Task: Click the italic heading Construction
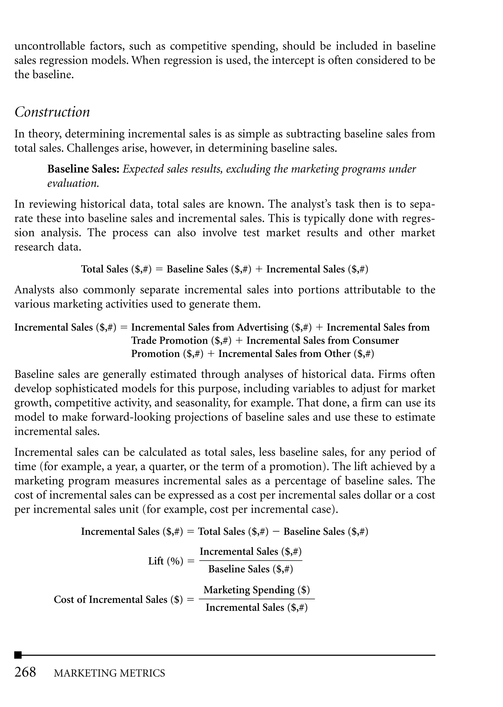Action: click(52, 112)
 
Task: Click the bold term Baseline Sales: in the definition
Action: click(83, 169)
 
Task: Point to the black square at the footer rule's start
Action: click(18, 655)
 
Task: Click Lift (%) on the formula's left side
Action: click(165, 561)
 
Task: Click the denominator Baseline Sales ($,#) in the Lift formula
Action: click(251, 569)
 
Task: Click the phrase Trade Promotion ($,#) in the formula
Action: click(181, 341)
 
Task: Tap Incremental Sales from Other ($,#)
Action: click(296, 354)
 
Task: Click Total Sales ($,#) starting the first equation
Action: click(116, 269)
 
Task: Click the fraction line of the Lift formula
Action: click(251, 560)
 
